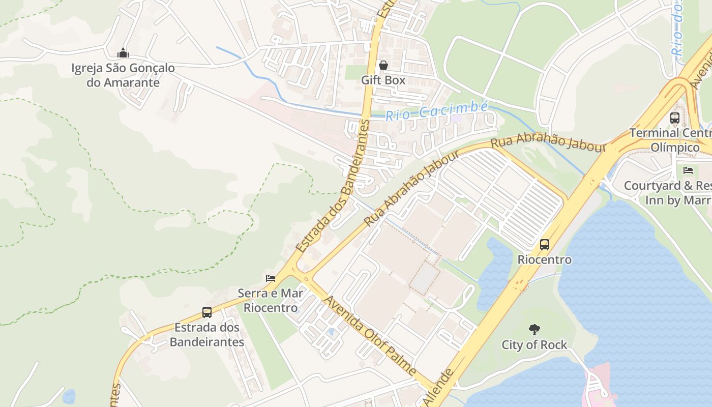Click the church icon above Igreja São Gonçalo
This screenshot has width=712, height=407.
click(x=123, y=53)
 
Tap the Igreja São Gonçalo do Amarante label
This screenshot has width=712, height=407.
click(x=123, y=75)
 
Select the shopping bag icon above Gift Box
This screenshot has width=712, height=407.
click(x=383, y=65)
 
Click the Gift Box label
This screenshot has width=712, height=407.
click(x=383, y=80)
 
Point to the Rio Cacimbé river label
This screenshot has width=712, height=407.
click(x=436, y=110)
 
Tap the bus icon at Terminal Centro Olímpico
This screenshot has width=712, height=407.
click(x=675, y=118)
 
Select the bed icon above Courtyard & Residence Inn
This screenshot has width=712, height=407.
click(x=688, y=170)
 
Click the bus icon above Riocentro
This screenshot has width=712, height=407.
click(x=545, y=245)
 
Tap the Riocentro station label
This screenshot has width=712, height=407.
click(x=545, y=259)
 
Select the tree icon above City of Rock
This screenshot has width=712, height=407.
click(x=534, y=330)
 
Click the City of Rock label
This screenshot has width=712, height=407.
click(x=534, y=345)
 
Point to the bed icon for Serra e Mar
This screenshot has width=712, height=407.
click(x=271, y=278)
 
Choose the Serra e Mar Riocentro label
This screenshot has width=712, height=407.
click(x=271, y=300)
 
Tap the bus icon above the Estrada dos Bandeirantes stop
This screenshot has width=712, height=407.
click(x=207, y=312)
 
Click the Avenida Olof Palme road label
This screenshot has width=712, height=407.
click(x=371, y=337)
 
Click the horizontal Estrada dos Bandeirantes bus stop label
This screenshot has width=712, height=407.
click(x=207, y=335)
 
